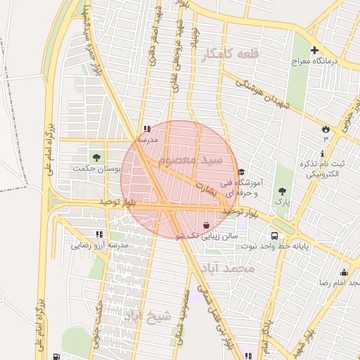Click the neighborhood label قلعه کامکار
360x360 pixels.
click(230, 55)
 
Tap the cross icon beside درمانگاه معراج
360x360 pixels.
click(314, 51)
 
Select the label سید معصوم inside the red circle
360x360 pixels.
click(190, 160)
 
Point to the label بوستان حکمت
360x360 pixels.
click(97, 169)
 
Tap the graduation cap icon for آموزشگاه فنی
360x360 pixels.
click(241, 172)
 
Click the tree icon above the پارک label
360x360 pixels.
click(281, 191)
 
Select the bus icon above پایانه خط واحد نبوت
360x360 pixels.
click(275, 236)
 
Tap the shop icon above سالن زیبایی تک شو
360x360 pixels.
click(205, 226)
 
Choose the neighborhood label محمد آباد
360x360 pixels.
click(236, 269)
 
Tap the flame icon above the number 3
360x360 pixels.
click(325, 129)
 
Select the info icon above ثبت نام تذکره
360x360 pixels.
click(323, 153)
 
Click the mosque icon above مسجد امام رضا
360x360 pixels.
click(344, 272)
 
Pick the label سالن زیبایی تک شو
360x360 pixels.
click(205, 236)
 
